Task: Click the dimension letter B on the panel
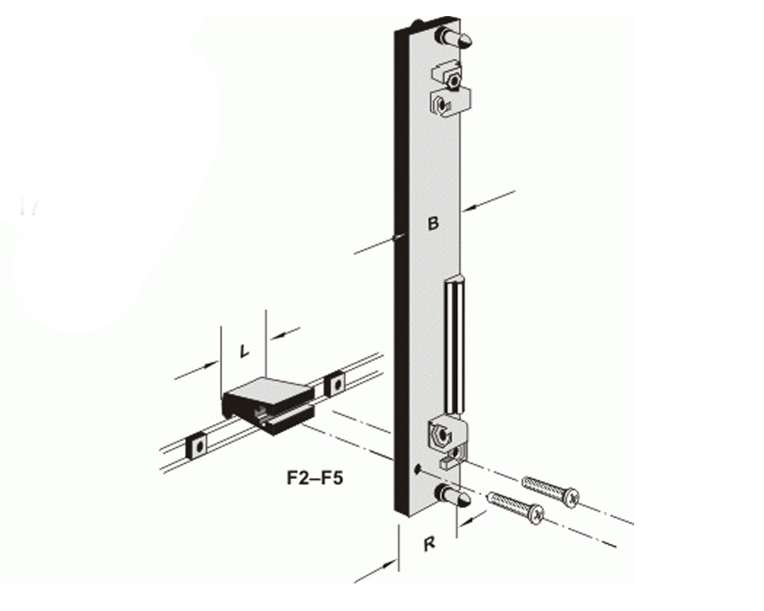(432, 224)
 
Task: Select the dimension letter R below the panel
(429, 544)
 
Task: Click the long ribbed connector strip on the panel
(454, 344)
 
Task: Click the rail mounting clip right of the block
(334, 383)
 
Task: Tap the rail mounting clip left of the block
(197, 444)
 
